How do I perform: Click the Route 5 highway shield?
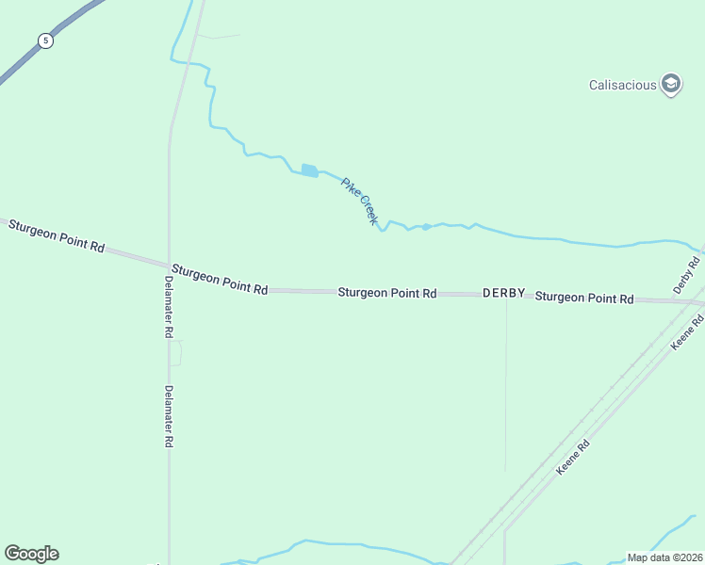click(45, 40)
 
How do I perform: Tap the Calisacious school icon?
click(671, 85)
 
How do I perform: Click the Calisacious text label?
click(622, 85)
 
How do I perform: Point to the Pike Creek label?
click(359, 201)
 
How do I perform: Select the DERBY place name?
click(503, 294)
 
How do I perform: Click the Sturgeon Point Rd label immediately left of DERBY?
click(386, 293)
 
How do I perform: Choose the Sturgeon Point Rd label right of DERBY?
click(584, 298)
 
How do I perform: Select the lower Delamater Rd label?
click(168, 416)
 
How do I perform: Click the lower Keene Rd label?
click(572, 457)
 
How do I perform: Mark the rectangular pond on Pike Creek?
click(309, 170)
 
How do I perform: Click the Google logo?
click(31, 554)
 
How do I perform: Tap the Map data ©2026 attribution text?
click(664, 557)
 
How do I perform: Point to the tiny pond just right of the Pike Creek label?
click(426, 227)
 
